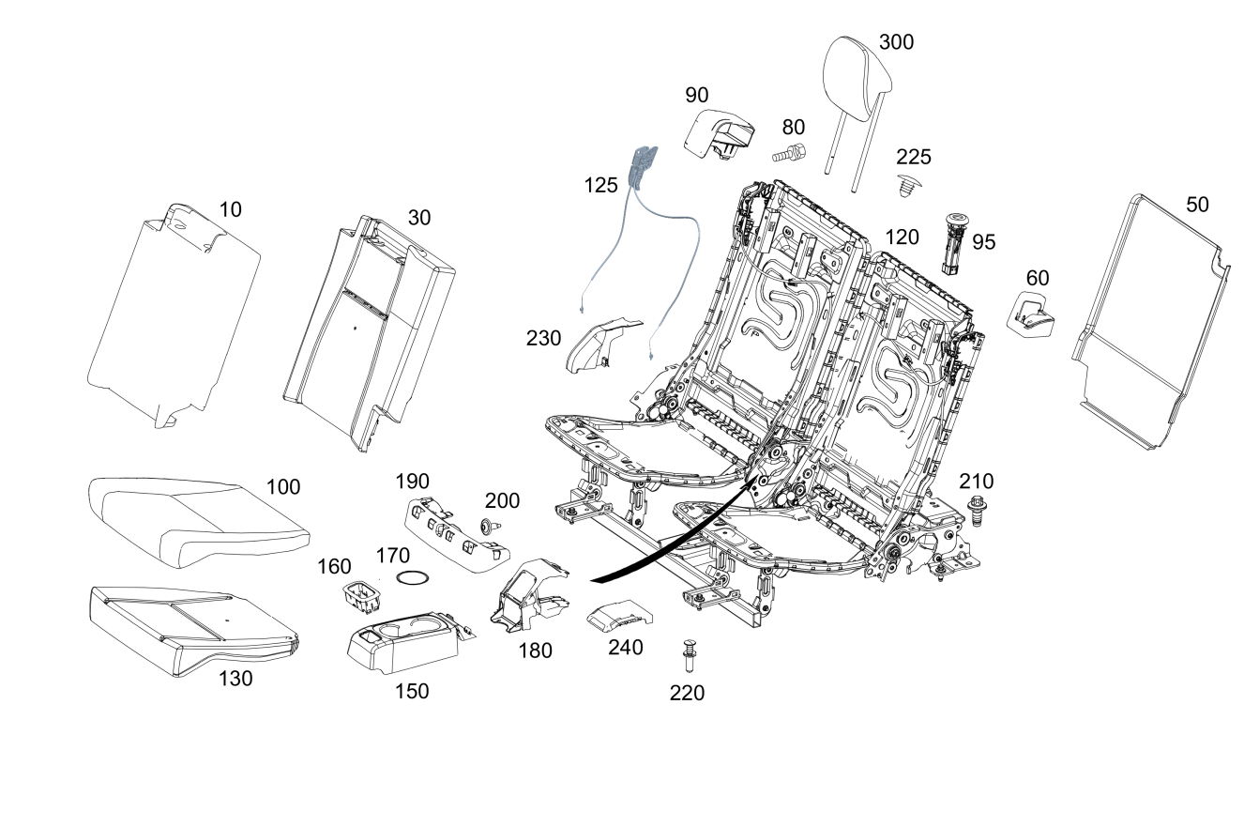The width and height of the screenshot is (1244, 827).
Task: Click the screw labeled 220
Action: (x=690, y=654)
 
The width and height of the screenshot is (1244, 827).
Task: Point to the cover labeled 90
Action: (x=721, y=132)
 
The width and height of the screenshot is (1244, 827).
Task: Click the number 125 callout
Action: (x=599, y=185)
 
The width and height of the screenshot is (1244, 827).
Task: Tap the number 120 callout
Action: (x=902, y=237)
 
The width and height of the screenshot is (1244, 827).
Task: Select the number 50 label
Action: (x=1197, y=205)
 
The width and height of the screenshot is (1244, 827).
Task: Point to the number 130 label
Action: (x=235, y=679)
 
